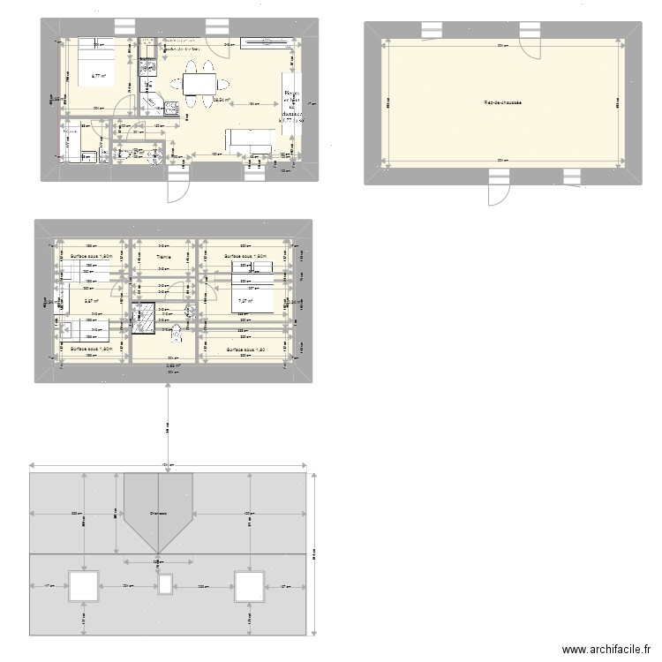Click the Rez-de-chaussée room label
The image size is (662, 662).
(503, 102)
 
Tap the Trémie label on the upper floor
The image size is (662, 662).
(163, 257)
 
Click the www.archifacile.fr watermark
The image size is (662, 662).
(607, 649)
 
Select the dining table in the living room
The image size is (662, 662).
(200, 84)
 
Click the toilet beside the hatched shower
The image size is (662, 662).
(175, 333)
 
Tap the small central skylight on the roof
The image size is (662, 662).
(165, 585)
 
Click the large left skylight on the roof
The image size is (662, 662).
(84, 585)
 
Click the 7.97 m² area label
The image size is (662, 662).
(244, 301)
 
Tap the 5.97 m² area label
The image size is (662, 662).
(92, 301)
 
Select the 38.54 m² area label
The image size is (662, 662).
(222, 100)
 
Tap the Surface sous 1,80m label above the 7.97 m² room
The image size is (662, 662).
(244, 257)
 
